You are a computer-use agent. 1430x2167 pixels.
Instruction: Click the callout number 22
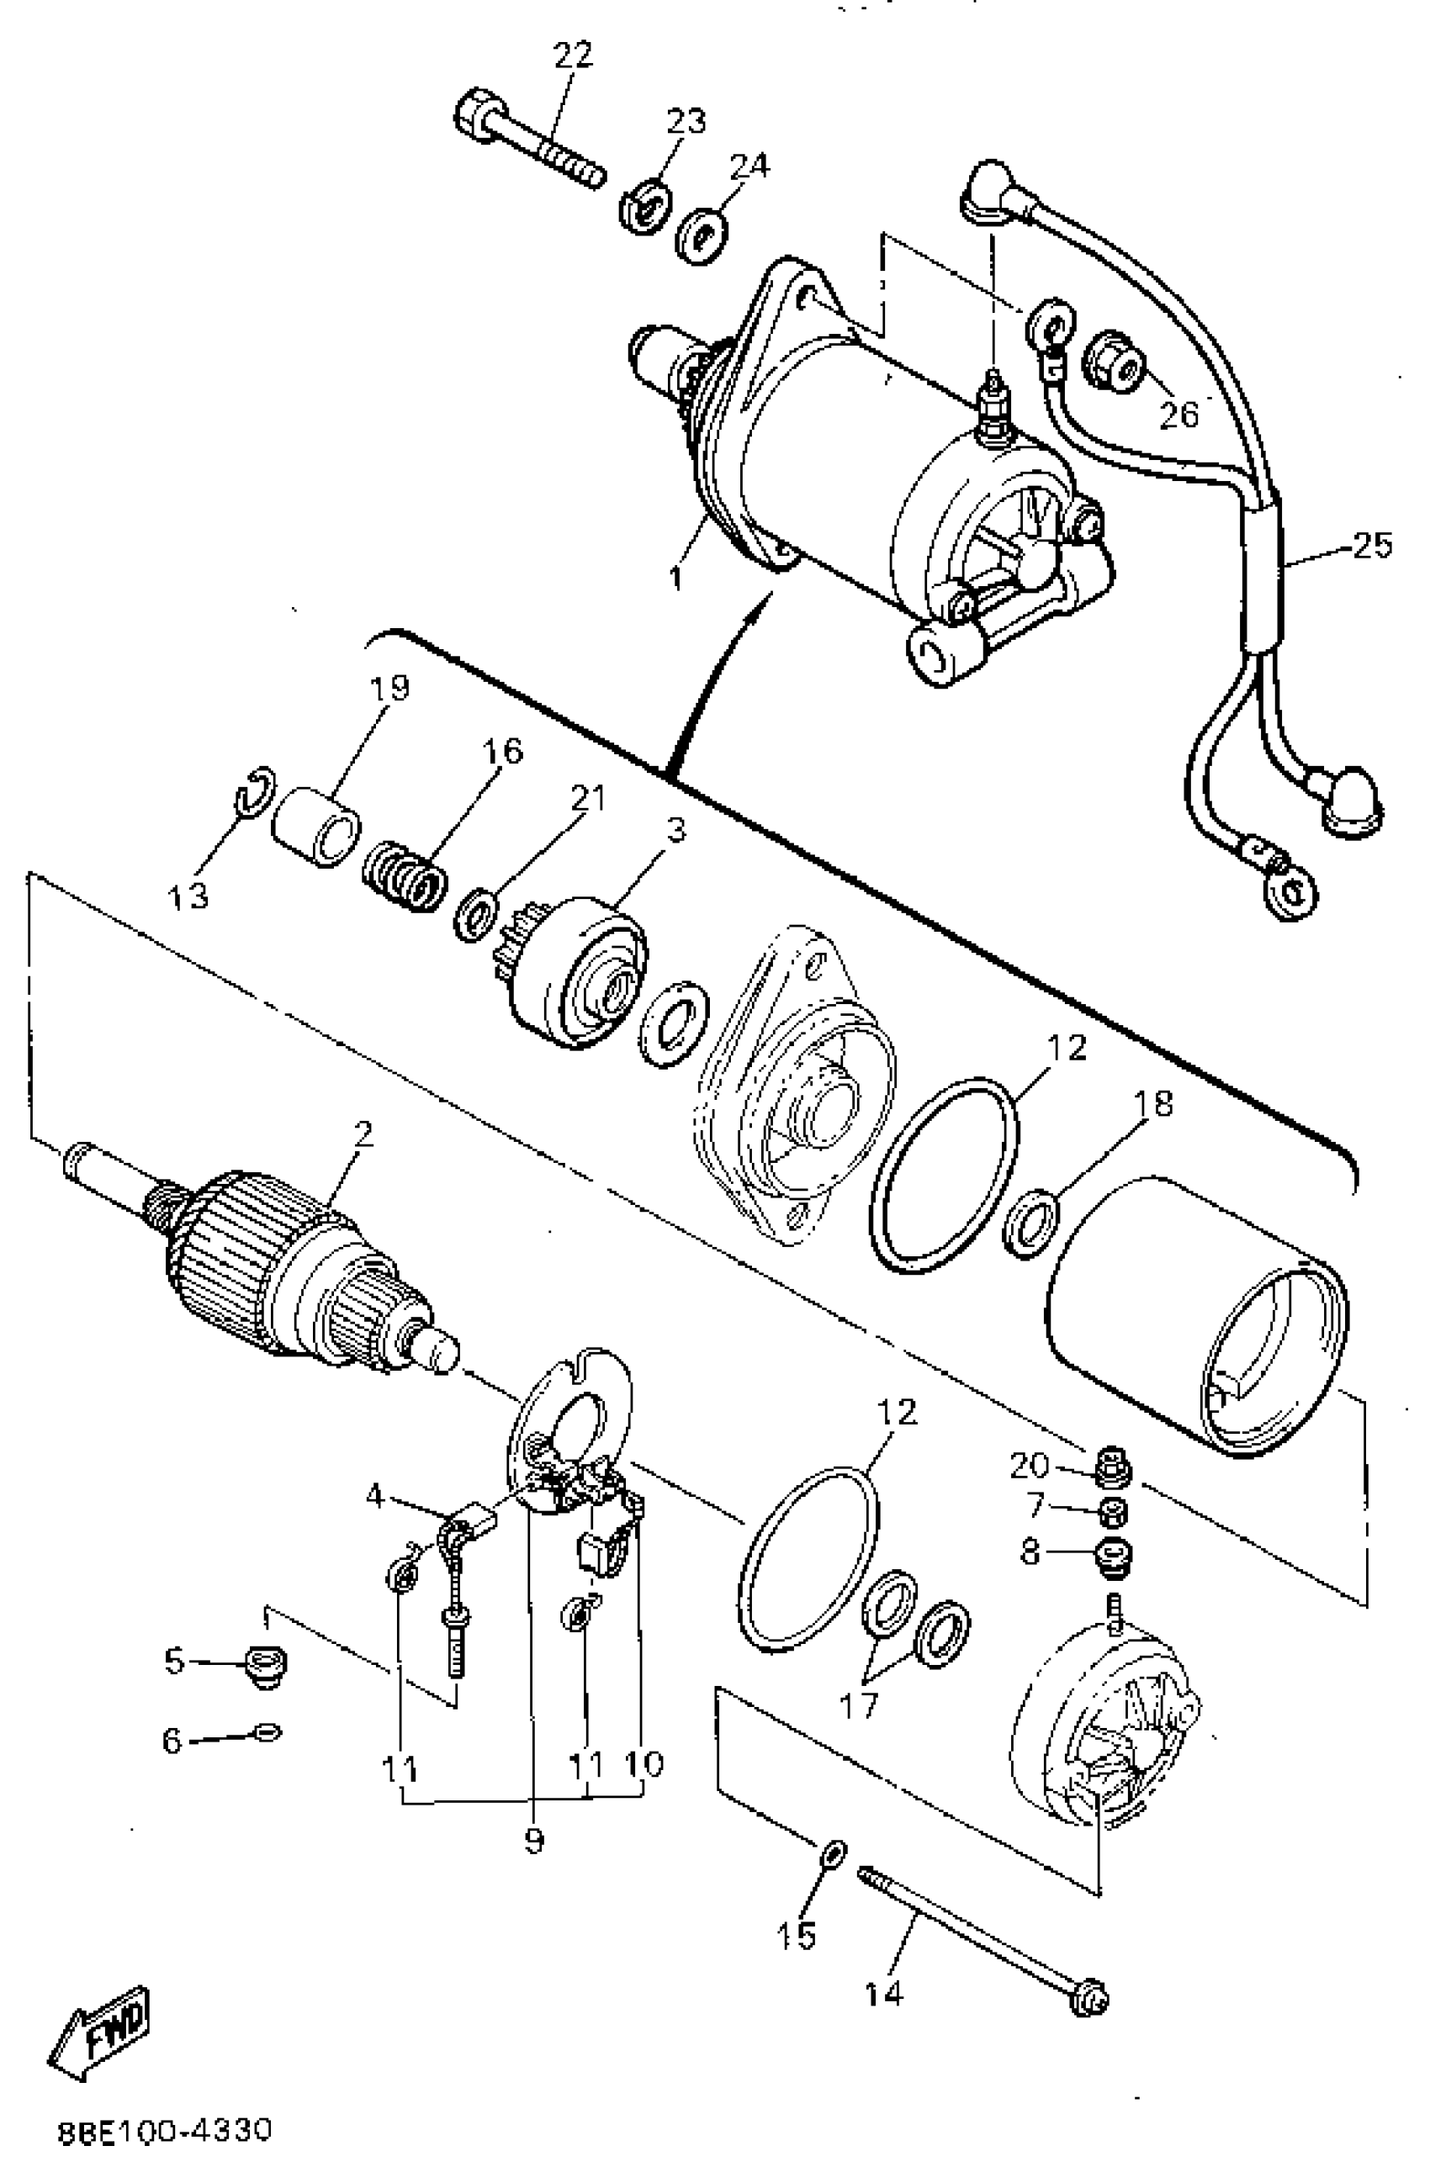point(573,55)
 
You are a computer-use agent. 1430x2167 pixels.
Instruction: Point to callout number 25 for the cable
point(1372,545)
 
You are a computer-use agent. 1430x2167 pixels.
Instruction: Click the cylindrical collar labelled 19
point(316,826)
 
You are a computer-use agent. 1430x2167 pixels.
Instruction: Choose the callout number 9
point(534,1840)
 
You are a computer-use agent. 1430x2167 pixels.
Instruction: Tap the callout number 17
point(857,1703)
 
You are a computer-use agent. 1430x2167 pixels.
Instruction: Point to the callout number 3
point(675,832)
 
